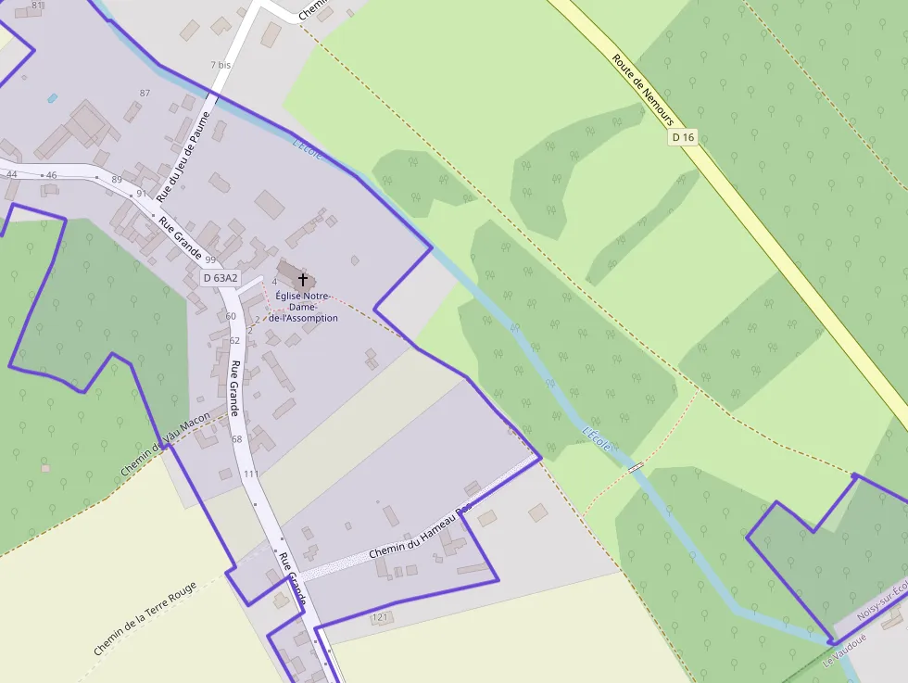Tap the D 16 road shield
(683, 137)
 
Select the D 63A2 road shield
(220, 277)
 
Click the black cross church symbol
(302, 278)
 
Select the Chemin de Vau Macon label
(167, 445)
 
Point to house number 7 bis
(220, 65)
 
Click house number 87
(144, 93)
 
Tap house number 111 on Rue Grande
(251, 474)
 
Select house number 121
(379, 616)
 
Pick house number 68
(237, 438)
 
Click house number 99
(210, 259)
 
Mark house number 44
(12, 174)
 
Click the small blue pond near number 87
(53, 97)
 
